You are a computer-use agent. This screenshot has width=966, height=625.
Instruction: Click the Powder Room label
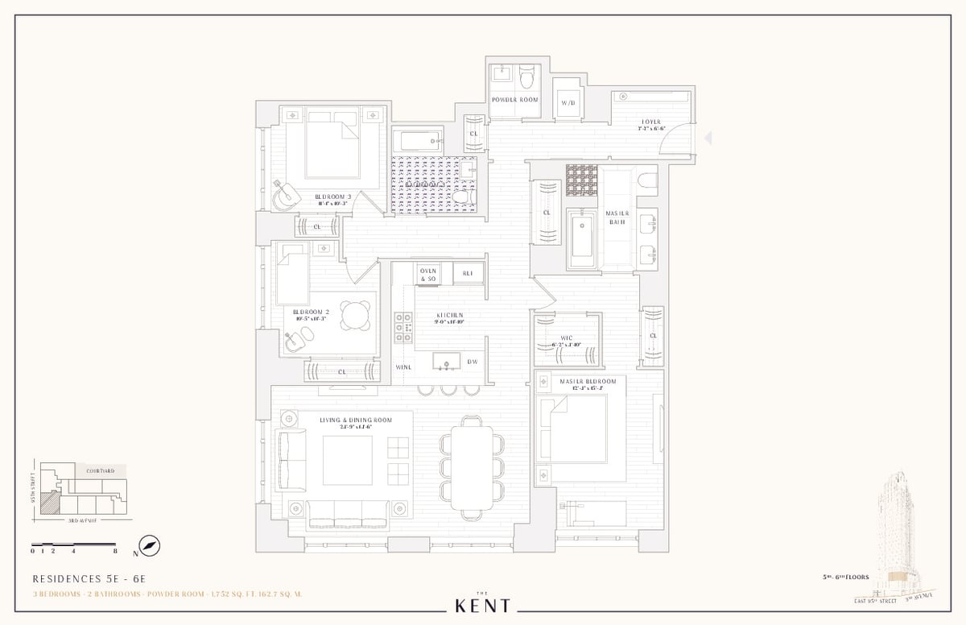pos(515,100)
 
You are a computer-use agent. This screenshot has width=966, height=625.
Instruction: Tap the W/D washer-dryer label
pos(568,103)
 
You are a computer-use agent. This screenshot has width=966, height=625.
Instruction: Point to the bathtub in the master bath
pos(581,239)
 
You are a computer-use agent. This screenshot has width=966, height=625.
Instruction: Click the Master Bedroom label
pos(588,381)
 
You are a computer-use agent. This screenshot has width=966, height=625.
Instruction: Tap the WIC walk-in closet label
pos(567,338)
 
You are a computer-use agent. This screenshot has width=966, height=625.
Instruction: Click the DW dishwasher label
pos(473,362)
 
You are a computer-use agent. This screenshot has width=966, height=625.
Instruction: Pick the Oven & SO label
pos(427,274)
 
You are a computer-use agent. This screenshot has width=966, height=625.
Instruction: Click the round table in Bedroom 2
pos(356,315)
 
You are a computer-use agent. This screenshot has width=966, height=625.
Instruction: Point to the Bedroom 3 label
pos(330,197)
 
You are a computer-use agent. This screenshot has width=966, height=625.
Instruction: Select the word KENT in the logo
pos(482,605)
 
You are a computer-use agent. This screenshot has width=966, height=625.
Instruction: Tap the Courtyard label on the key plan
pos(101,470)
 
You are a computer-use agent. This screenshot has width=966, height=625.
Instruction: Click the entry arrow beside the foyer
pos(708,139)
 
